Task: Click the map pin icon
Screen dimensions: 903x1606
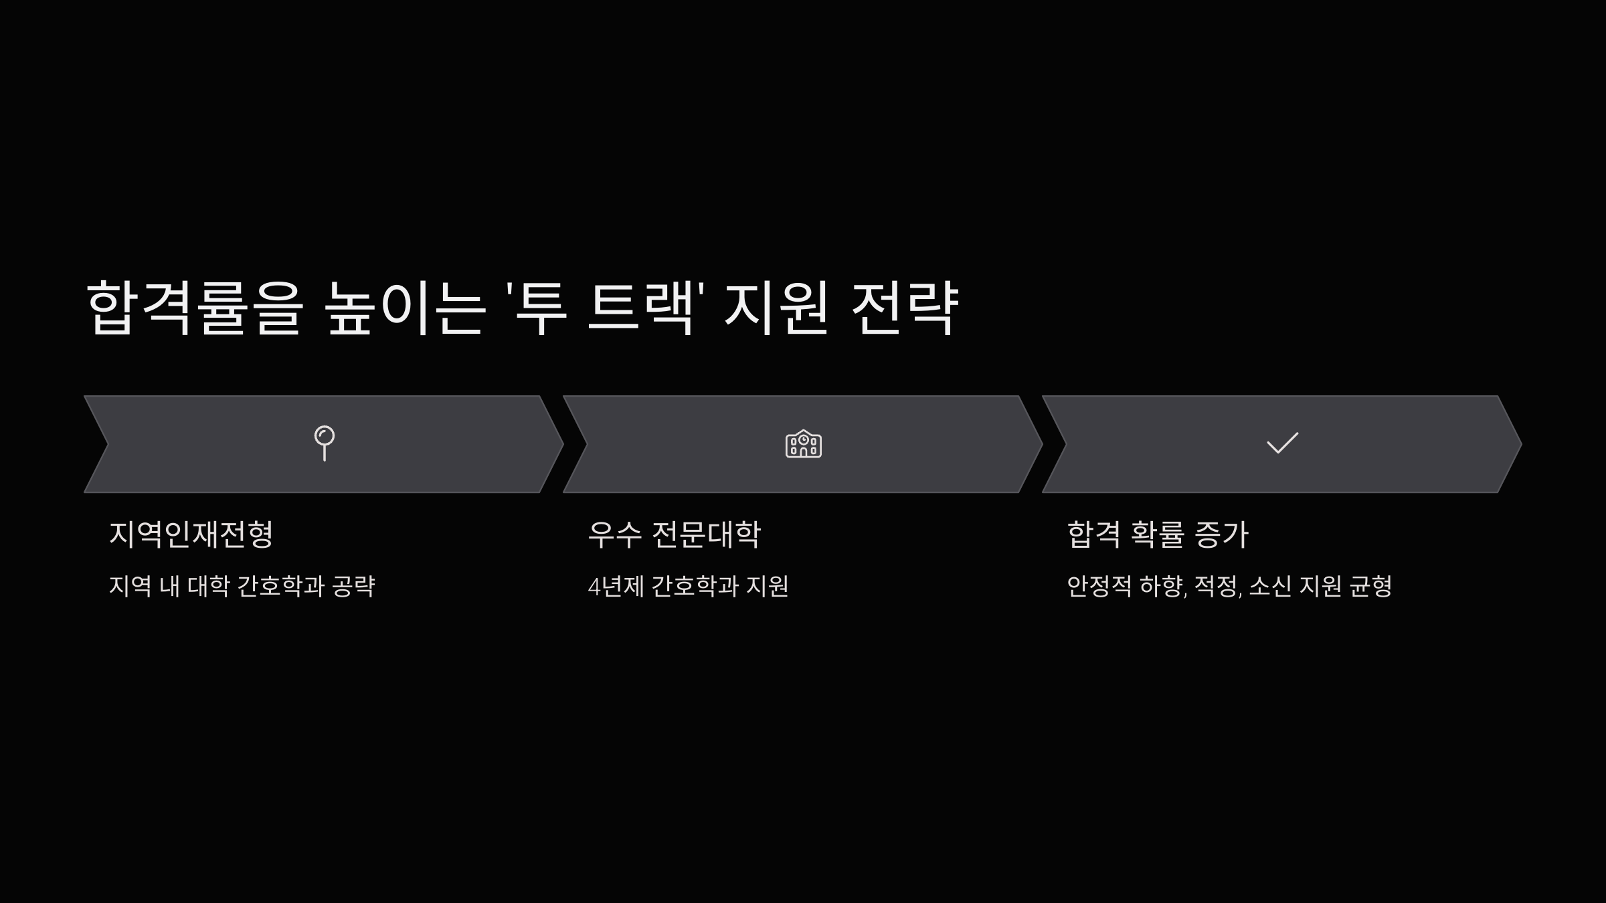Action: (x=325, y=443)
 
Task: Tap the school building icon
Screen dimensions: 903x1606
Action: (x=803, y=444)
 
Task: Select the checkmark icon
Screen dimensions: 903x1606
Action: (x=1282, y=443)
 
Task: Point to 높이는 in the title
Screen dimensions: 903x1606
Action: (x=405, y=308)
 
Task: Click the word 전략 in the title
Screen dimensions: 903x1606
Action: (x=905, y=308)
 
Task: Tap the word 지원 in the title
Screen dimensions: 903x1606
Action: (x=777, y=308)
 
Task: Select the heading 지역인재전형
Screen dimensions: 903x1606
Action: (x=191, y=534)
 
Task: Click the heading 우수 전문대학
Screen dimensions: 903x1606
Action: (x=674, y=534)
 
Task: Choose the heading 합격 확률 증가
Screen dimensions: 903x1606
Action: (x=1158, y=534)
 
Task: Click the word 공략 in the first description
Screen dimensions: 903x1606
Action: (x=353, y=587)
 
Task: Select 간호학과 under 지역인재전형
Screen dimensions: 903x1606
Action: (x=281, y=587)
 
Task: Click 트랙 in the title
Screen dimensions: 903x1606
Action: (x=640, y=308)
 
